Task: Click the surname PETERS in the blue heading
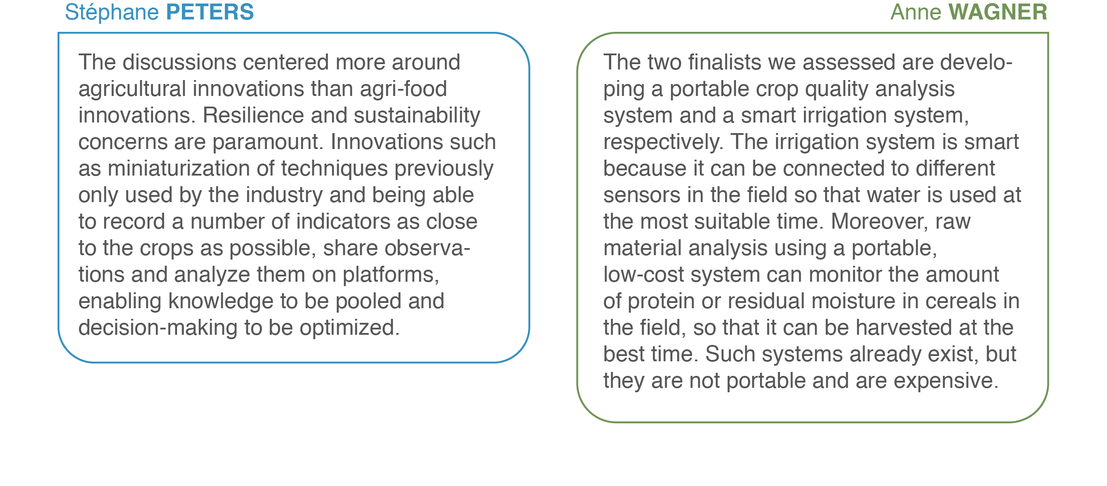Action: pos(210,12)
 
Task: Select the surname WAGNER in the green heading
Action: pos(998,12)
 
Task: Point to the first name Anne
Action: pos(916,12)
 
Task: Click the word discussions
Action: pos(180,62)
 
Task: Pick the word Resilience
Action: pos(253,115)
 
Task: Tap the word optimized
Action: pos(350,328)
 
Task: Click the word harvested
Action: pos(903,328)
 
